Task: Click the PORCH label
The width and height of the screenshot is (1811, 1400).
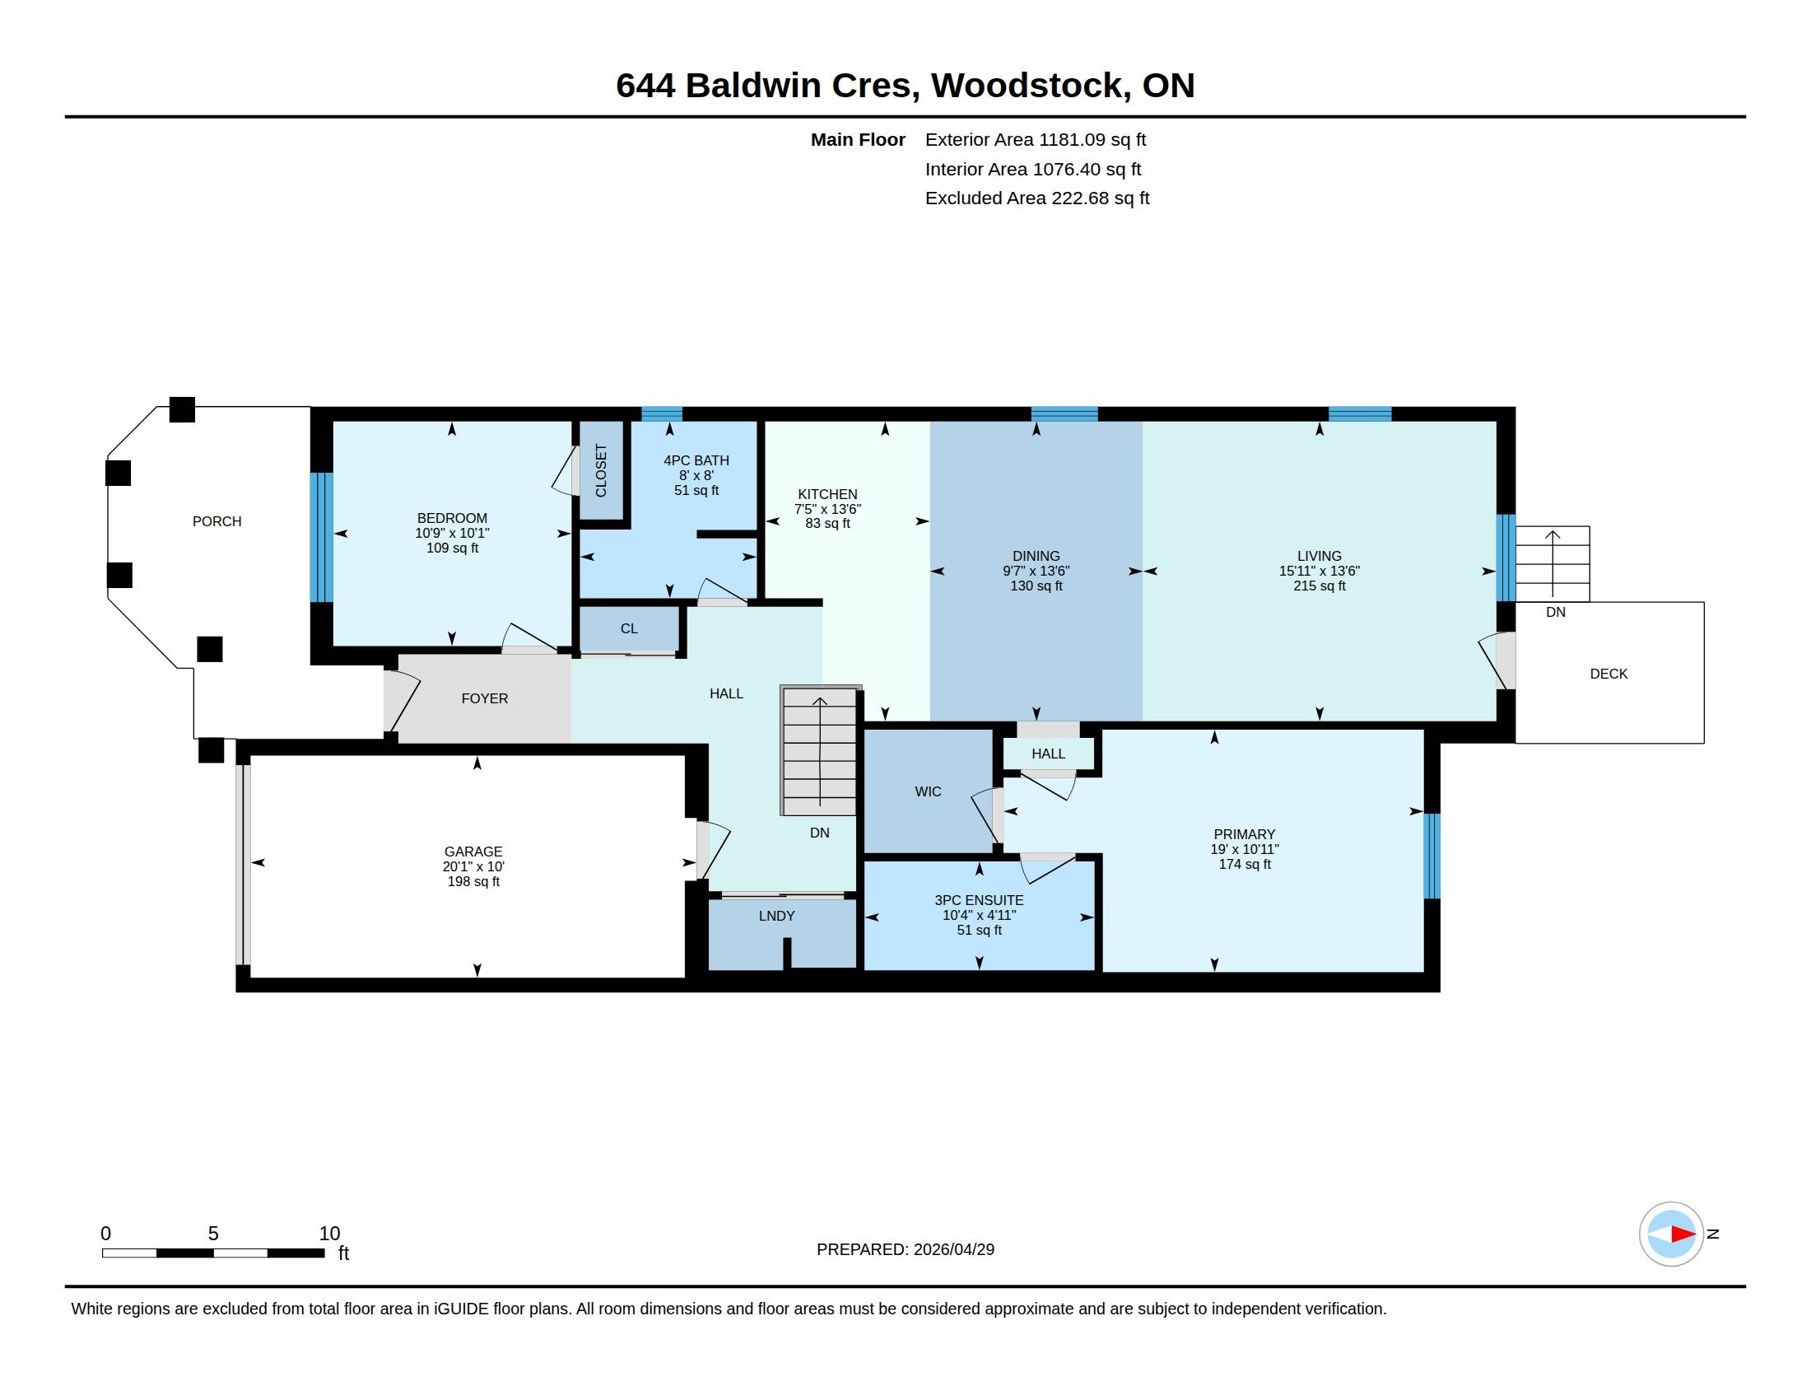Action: [x=216, y=521]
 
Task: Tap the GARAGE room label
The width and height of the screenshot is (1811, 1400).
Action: [x=473, y=852]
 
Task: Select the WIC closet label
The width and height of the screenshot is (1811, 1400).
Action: [x=928, y=792]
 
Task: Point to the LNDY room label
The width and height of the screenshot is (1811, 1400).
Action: [x=777, y=916]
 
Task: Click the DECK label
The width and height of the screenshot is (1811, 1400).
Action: [x=1608, y=674]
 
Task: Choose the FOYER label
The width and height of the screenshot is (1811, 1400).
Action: [x=485, y=698]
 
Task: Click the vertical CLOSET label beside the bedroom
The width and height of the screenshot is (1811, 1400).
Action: [x=601, y=471]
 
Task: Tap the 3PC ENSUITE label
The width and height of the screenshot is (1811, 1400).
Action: [x=980, y=900]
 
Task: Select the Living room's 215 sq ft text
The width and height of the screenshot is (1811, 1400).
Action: [x=1320, y=586]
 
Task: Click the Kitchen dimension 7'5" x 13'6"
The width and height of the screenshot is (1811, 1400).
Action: [x=827, y=509]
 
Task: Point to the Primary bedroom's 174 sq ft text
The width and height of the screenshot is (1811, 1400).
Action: [x=1245, y=864]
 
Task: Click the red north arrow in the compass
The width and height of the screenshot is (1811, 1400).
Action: [x=1683, y=1234]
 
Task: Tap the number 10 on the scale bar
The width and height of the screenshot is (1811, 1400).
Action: [x=329, y=1234]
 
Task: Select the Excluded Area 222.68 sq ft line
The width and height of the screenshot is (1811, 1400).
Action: [x=1037, y=198]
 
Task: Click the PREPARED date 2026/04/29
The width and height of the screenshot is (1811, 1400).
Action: [x=953, y=1249]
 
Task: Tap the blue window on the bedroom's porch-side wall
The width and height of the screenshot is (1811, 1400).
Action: [x=322, y=538]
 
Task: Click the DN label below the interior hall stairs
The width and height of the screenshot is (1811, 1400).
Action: [x=819, y=833]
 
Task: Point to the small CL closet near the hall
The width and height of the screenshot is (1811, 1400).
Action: [x=630, y=628]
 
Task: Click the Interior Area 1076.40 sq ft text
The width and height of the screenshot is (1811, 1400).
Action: [x=1033, y=169]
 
